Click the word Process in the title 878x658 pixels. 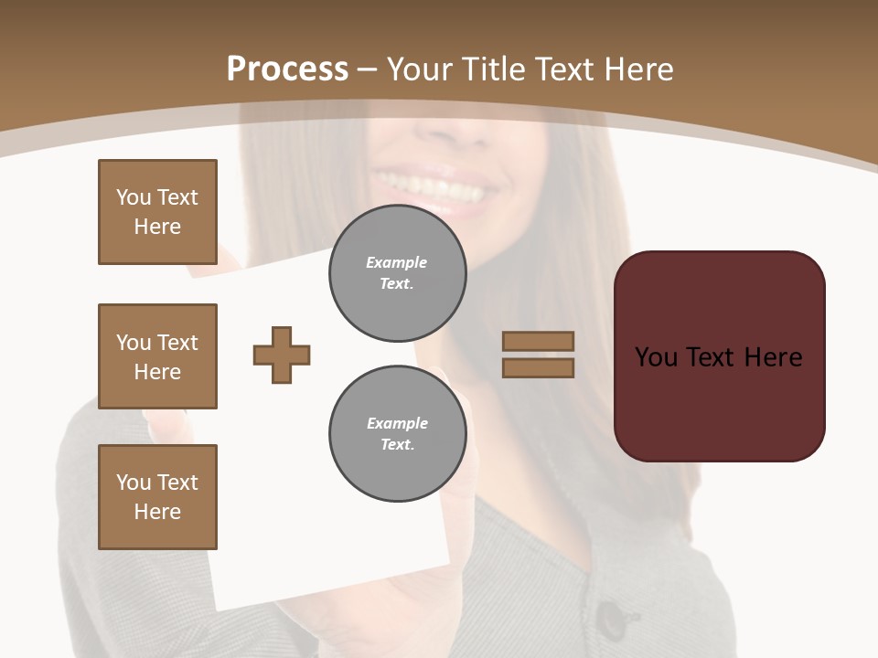(x=287, y=69)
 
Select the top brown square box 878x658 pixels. (x=157, y=212)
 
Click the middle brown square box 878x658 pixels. (x=157, y=356)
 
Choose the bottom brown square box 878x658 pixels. (x=157, y=497)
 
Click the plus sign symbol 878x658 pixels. (x=282, y=355)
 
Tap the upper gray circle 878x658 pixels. (x=398, y=273)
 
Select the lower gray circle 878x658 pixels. (x=398, y=434)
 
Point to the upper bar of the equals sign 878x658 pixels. (x=538, y=341)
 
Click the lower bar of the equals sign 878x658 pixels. (x=538, y=367)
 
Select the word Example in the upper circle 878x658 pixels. (x=397, y=262)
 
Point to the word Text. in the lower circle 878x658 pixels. (x=398, y=445)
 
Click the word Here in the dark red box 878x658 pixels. (x=773, y=357)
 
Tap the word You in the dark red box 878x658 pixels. (x=657, y=357)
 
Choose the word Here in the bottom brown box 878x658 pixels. (x=157, y=512)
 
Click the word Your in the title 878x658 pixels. (x=419, y=69)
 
